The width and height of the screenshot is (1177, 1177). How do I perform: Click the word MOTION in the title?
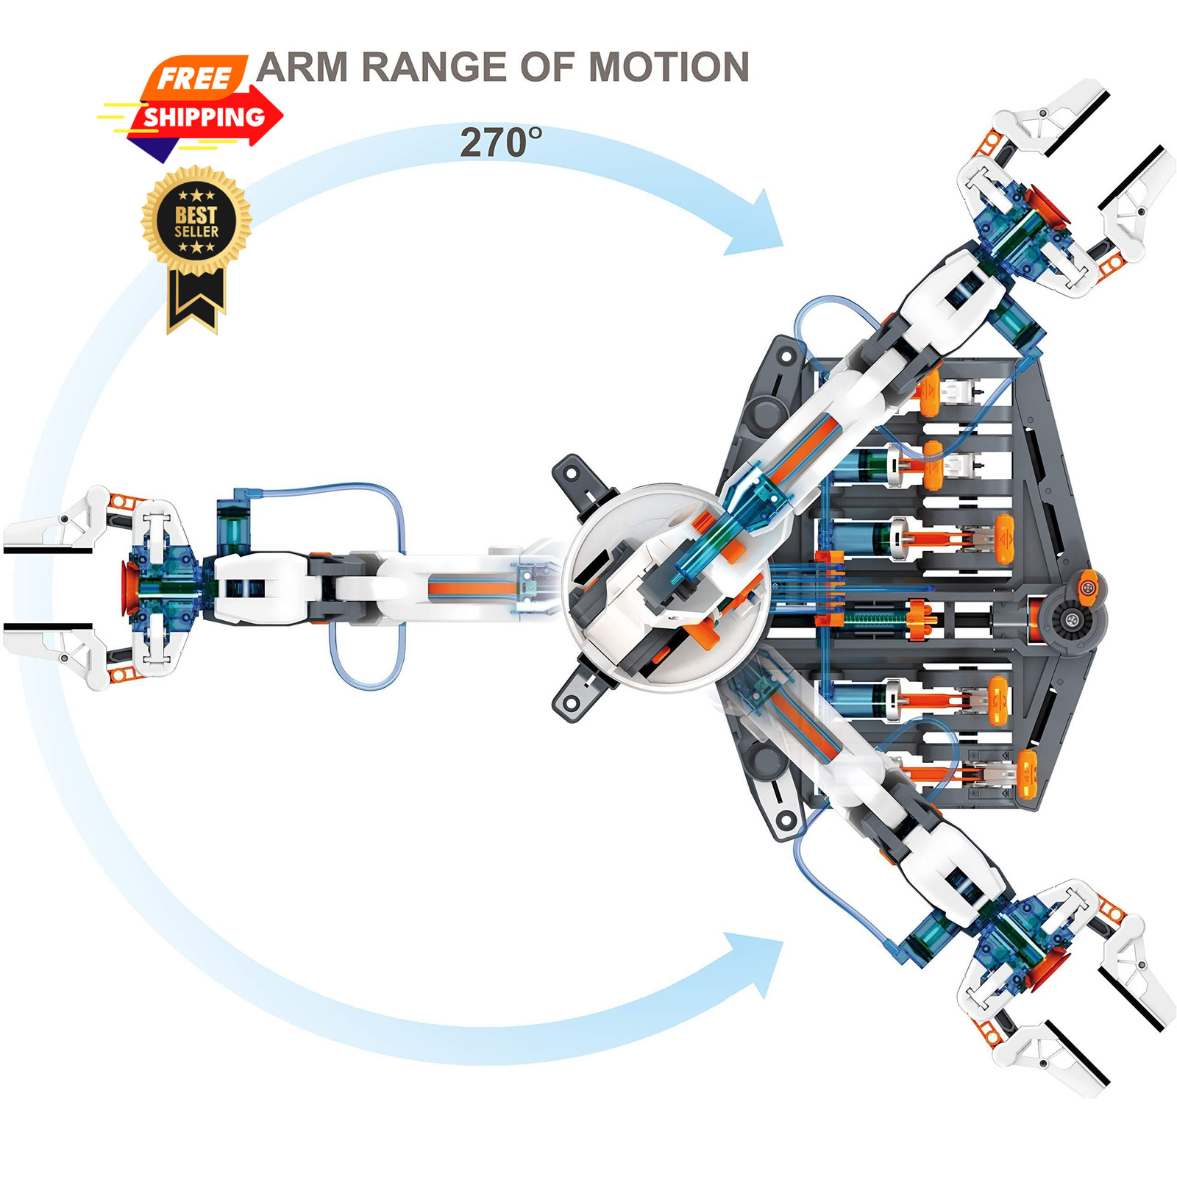[x=669, y=68]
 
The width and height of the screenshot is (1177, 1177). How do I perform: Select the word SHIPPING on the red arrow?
[x=204, y=117]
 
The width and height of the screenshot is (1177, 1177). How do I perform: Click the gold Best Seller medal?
[x=196, y=220]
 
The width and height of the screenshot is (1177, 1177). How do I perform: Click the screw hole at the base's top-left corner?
[x=786, y=358]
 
